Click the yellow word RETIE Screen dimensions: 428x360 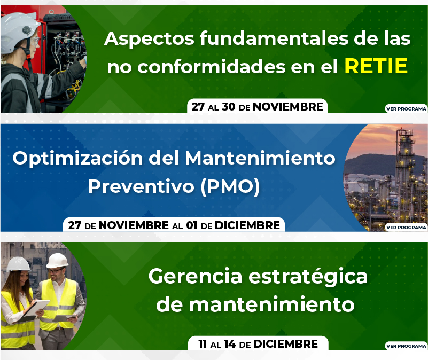(376, 66)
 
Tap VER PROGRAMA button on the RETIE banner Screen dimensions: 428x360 (406, 108)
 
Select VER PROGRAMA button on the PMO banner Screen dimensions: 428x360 (406, 227)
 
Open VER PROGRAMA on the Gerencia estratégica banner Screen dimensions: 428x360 (406, 346)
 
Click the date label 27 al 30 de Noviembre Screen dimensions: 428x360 (257, 106)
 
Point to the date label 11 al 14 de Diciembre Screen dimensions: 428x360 (258, 343)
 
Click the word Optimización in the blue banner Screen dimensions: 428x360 (78, 158)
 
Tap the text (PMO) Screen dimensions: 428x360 (230, 187)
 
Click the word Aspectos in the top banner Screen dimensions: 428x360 (149, 38)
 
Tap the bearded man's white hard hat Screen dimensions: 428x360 (57, 260)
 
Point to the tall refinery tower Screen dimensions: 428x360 (405, 175)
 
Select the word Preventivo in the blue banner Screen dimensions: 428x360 (141, 187)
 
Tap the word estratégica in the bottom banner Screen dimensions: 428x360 (308, 277)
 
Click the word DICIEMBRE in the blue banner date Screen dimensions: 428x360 (247, 225)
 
